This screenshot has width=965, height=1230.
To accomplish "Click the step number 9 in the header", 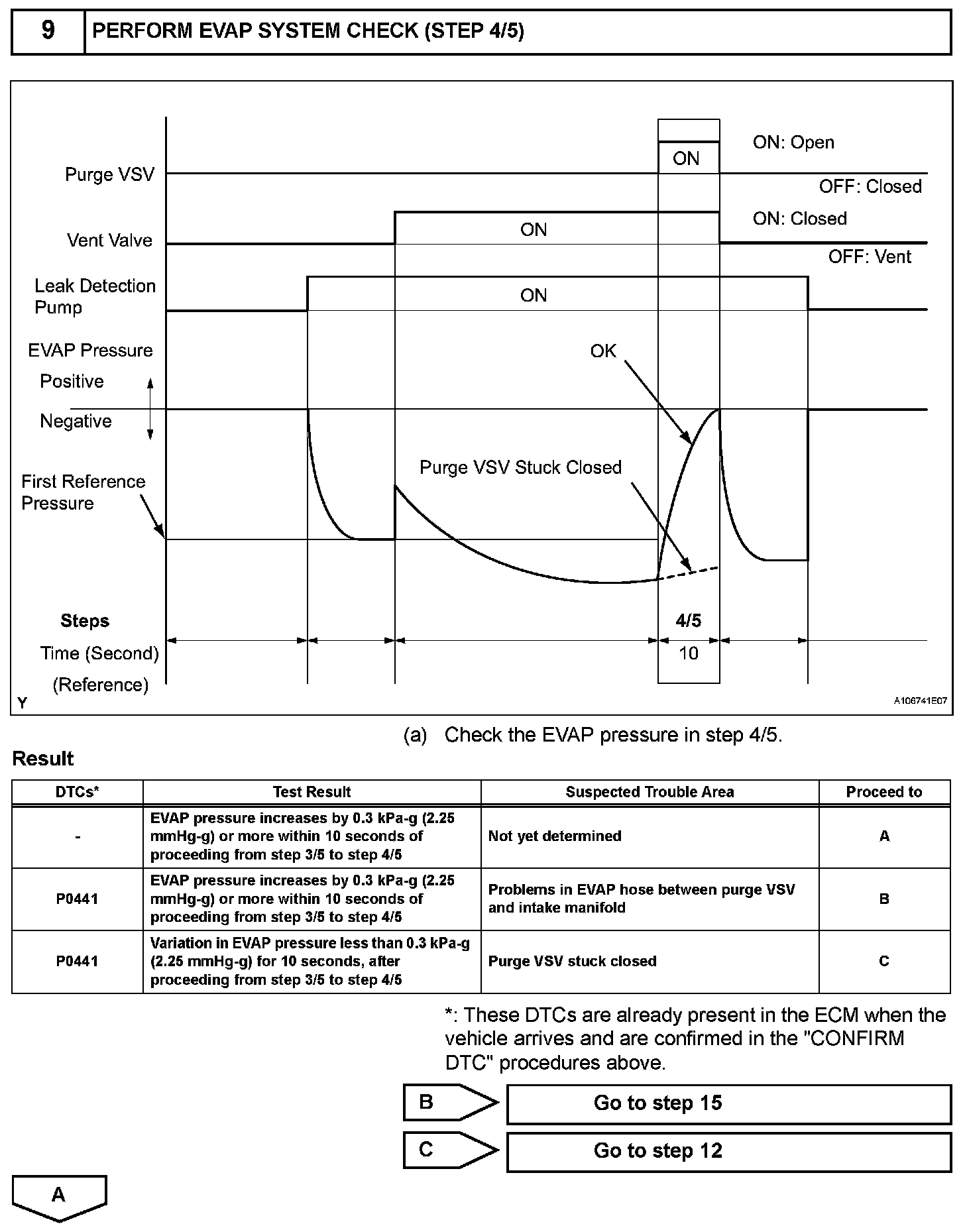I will [x=48, y=30].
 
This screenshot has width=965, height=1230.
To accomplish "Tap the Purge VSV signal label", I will [x=109, y=174].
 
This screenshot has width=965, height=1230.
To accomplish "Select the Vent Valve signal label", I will [x=109, y=240].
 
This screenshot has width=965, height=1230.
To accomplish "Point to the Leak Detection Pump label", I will [x=94, y=296].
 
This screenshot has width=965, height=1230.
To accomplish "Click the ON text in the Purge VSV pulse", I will [x=686, y=158].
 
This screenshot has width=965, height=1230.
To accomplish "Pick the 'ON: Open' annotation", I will [x=793, y=142].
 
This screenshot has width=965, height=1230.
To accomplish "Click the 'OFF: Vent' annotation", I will [x=870, y=257].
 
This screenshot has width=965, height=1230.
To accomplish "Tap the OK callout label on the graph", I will [x=603, y=351].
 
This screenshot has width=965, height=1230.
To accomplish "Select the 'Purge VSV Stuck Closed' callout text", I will [x=520, y=468].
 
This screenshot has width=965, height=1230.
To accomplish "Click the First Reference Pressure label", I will [x=83, y=492].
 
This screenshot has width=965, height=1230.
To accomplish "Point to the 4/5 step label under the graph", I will [x=689, y=621].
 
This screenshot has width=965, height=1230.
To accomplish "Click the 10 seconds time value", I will [x=689, y=653].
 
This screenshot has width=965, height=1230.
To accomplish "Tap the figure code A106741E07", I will [x=920, y=700].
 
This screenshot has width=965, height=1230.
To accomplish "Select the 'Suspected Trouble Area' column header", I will [x=650, y=792].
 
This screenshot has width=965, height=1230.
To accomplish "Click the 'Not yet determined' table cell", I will [x=555, y=836].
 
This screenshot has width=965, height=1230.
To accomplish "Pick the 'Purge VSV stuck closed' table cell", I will [x=572, y=962].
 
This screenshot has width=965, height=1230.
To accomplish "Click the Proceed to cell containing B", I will [x=884, y=899].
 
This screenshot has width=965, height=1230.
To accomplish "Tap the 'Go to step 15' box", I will [x=728, y=1103].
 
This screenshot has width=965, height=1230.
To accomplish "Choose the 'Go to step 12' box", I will [x=728, y=1151].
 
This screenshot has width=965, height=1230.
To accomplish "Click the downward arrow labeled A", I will [x=59, y=1196].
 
